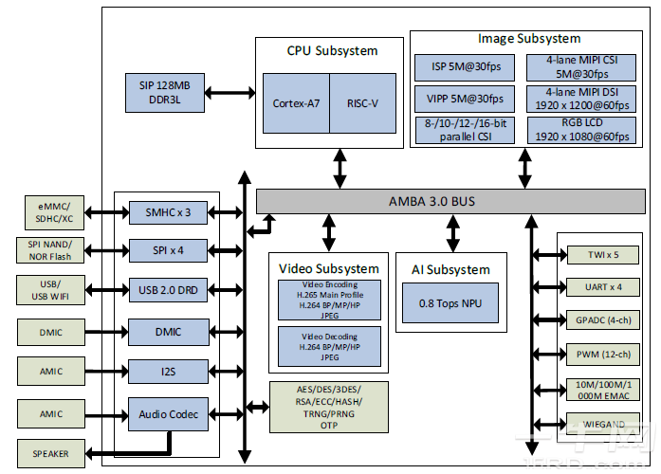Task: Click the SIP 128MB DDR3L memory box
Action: pos(164,92)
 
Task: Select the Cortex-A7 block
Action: pos(296,102)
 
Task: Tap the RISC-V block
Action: pos(362,102)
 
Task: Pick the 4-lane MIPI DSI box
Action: pos(580,99)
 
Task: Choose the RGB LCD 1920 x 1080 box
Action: pos(580,130)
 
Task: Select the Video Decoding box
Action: pos(329,346)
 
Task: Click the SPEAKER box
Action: pos(50,453)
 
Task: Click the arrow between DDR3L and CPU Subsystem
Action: pos(229,92)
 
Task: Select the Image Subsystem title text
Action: pos(529,39)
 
